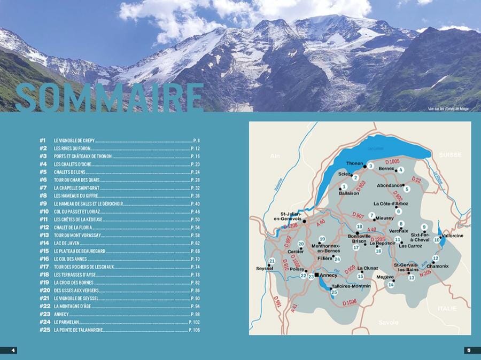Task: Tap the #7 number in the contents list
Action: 44,180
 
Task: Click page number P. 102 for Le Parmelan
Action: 194,322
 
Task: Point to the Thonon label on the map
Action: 354,163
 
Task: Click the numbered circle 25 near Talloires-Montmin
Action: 334,292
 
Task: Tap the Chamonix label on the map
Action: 438,265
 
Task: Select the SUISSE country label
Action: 450,154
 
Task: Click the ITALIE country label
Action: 447,309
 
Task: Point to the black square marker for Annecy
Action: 317,275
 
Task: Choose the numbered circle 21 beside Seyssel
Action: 271,261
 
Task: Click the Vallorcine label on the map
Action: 452,236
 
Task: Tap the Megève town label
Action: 385,277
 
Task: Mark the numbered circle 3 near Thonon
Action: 370,166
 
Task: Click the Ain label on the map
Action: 275,156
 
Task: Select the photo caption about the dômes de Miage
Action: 448,109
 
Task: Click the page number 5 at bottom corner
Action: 468,350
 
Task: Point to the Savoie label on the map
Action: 389,322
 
